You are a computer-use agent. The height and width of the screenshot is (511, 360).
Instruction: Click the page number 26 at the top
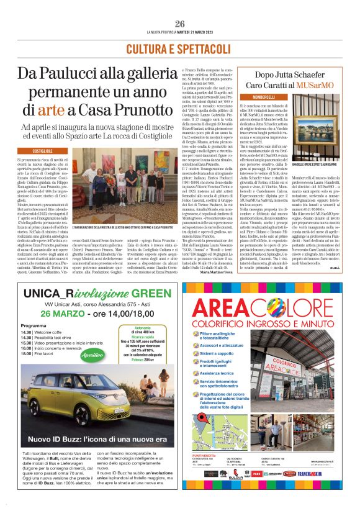click(x=180, y=24)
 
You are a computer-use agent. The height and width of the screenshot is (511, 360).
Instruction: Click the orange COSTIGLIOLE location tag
click(x=42, y=151)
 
